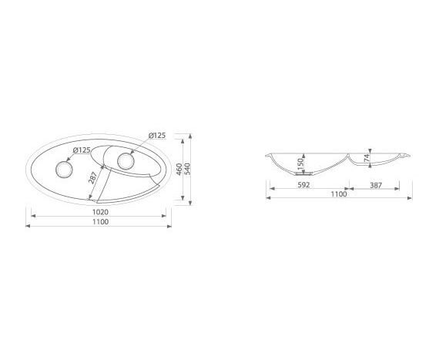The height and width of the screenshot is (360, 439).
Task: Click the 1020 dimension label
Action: coord(100,212)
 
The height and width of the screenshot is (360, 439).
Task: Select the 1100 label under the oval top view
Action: coord(100,222)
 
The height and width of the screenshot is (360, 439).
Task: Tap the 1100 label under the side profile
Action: coord(339,194)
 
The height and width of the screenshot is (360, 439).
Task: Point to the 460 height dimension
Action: coord(179,170)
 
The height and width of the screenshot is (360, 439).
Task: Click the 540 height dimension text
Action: coord(187,170)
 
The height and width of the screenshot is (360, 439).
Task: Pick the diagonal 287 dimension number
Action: coord(92,177)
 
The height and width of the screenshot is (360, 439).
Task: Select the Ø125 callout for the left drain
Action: coord(82,150)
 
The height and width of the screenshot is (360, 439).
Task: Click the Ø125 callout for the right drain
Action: coord(157,136)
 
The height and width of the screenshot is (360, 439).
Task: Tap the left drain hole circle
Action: coord(64,170)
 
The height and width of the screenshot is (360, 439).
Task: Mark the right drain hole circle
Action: coord(126,161)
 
